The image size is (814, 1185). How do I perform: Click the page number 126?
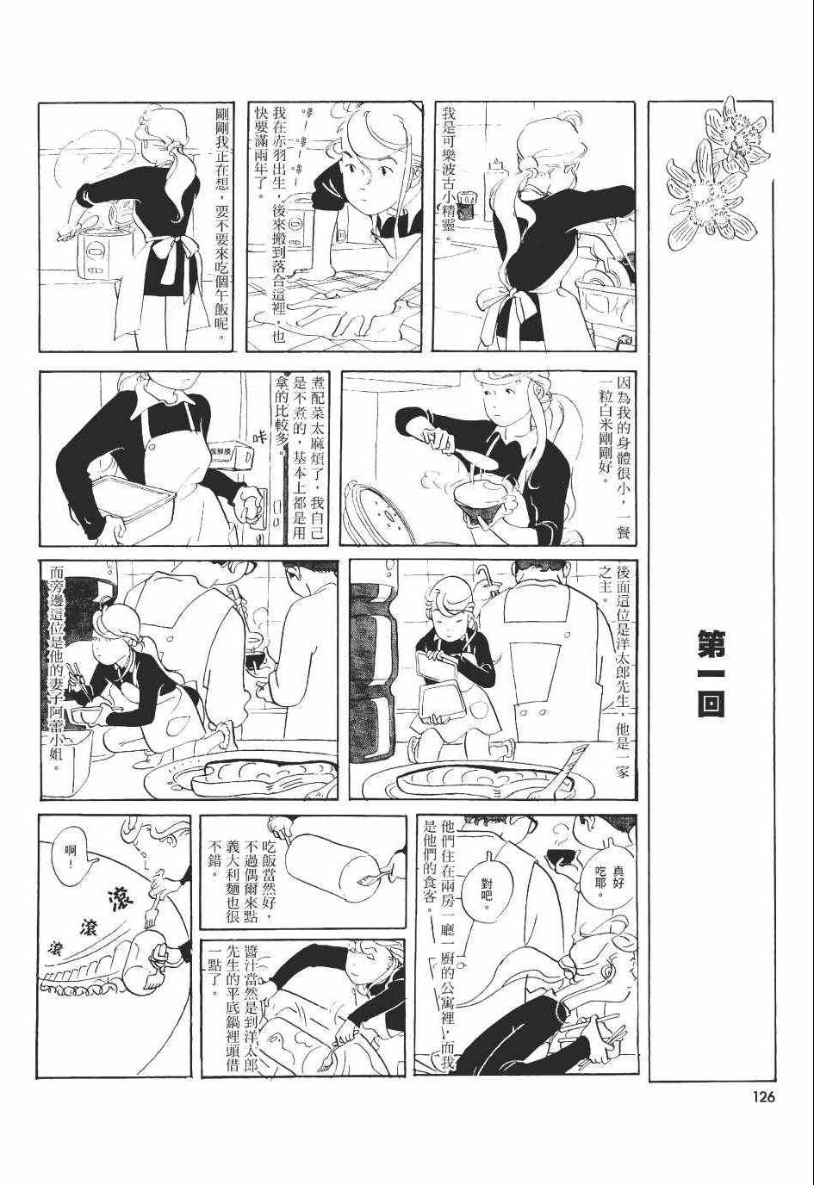tap(761, 1096)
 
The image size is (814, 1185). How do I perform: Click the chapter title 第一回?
tap(711, 672)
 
